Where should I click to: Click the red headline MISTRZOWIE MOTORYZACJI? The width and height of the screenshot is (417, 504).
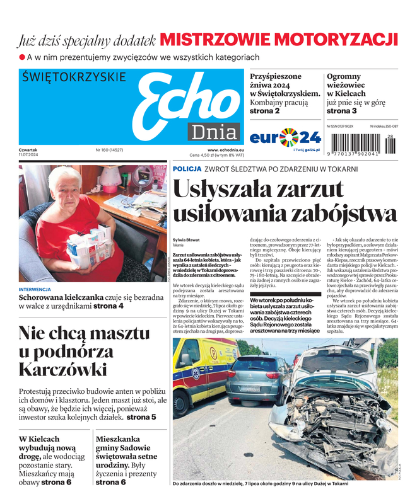[x=278, y=40]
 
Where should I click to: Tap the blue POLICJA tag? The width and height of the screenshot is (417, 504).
[x=187, y=169]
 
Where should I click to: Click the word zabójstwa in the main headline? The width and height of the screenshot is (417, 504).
[x=343, y=214]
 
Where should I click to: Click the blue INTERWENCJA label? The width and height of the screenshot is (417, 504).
[x=35, y=290]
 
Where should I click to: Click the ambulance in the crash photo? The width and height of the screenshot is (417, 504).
[x=196, y=378]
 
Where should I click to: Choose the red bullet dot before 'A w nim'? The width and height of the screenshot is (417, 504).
[x=21, y=57]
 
